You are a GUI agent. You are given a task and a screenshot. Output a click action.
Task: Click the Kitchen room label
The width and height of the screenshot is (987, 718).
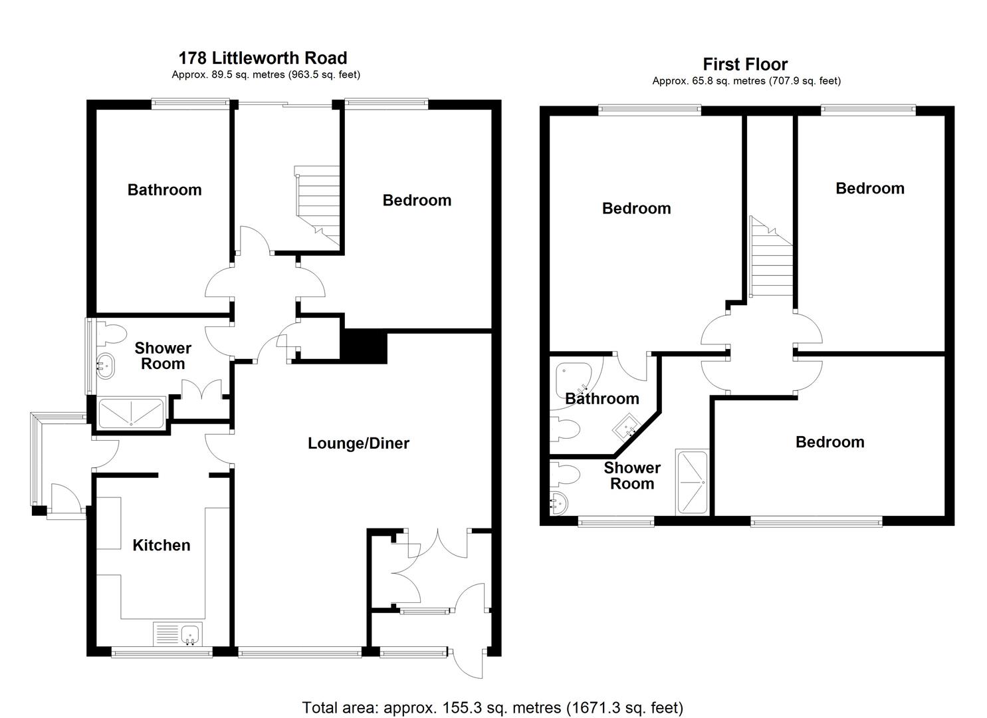point(162,545)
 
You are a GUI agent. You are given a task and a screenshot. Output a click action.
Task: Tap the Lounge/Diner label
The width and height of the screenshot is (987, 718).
point(358,443)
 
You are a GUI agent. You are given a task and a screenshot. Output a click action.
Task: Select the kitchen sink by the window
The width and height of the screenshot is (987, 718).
point(179,634)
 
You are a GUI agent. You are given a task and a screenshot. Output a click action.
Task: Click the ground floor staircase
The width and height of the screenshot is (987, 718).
point(318,203)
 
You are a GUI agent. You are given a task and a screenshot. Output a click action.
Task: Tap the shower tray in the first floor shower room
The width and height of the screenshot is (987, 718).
point(692,482)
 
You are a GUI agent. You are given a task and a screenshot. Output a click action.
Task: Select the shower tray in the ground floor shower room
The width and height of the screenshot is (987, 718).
point(131,412)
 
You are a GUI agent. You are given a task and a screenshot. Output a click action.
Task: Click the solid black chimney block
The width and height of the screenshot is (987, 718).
point(364,346)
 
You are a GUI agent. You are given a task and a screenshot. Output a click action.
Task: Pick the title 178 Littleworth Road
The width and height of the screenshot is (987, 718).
point(263,59)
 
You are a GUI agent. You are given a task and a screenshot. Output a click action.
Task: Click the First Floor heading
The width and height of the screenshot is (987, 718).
point(745,64)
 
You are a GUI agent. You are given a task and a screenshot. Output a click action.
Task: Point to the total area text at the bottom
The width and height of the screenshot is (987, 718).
point(493,707)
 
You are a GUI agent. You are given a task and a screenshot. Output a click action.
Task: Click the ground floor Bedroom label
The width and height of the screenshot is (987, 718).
point(417,200)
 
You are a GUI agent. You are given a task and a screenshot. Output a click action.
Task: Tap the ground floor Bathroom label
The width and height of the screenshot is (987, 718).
point(164,190)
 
